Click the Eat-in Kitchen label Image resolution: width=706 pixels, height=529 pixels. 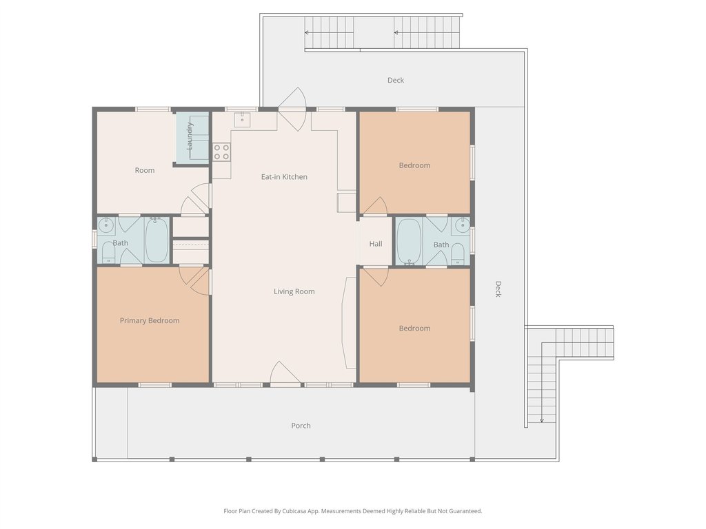[284, 177]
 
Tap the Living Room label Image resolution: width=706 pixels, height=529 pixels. [294, 291]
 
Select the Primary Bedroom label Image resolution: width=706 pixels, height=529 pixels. [150, 320]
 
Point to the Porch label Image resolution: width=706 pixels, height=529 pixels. [301, 426]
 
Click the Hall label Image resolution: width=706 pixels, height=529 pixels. [376, 244]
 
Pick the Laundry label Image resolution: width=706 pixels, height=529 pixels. [190, 136]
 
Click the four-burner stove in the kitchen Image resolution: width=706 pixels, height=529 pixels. [221, 152]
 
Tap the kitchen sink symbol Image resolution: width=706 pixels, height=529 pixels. [242, 119]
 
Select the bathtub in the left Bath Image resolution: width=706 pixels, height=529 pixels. [157, 240]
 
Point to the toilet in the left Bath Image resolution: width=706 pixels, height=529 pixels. [108, 252]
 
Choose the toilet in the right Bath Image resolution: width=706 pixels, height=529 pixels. [458, 254]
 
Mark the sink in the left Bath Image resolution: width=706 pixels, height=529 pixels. [107, 225]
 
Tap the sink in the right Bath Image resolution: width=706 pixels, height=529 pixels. [462, 225]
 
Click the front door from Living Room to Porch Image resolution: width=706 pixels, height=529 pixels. [285, 373]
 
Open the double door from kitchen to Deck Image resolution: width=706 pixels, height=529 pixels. [292, 110]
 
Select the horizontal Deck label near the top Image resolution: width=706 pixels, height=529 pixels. [396, 80]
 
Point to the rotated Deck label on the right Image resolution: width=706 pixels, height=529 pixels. [498, 289]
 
